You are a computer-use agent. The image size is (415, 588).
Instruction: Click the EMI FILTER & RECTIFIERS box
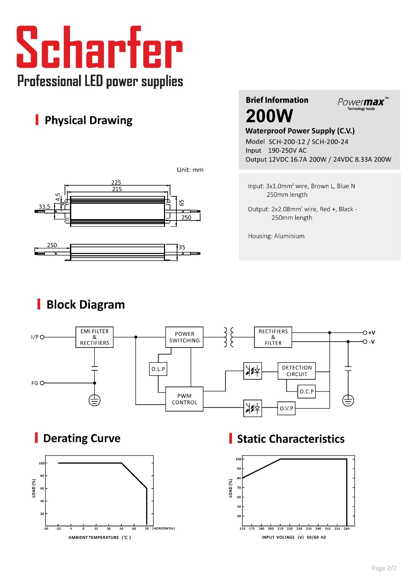point(94,337)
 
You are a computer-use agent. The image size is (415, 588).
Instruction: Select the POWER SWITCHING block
point(184,337)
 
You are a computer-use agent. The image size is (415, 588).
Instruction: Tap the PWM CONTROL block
point(184,399)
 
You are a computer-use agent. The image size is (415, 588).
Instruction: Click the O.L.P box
point(158,369)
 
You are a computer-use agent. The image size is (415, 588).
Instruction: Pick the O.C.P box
point(307,391)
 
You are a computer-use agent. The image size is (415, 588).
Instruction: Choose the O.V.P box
point(286,408)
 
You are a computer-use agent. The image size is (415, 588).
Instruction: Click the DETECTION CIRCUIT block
point(297,371)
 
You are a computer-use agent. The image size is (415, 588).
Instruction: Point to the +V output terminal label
point(371,333)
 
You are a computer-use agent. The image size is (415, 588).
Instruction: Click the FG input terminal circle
point(42,383)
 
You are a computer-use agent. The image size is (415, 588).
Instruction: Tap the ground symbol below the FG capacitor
point(95,400)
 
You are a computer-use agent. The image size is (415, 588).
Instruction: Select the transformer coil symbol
point(229,337)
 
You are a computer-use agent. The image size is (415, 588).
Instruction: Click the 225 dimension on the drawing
point(116,183)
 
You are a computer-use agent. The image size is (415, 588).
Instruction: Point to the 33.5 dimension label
point(44,207)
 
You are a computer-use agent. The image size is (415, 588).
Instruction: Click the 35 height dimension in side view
point(182,247)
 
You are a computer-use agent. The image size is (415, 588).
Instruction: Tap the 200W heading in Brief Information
point(269,116)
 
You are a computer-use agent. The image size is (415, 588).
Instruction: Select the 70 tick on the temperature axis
point(147,529)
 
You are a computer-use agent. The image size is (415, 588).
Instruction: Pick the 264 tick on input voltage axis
point(347,529)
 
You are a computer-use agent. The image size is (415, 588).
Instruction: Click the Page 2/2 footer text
point(384,568)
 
